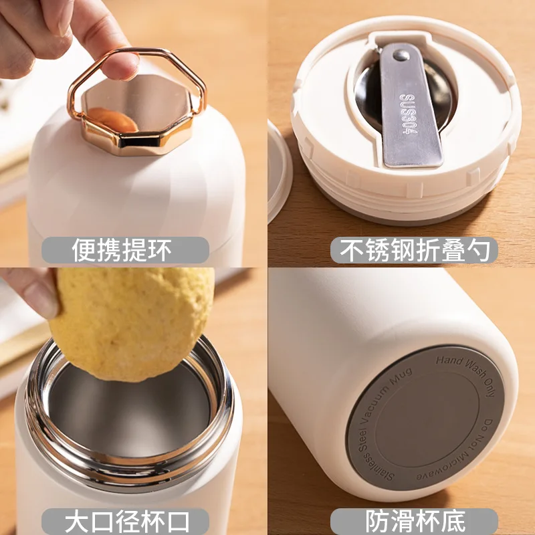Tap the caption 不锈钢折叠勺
[414, 251]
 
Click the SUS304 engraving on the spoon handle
[407, 114]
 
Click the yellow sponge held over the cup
[130, 321]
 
